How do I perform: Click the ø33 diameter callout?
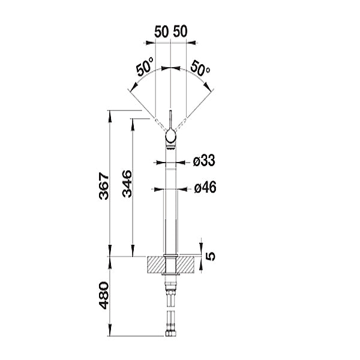point(205,161)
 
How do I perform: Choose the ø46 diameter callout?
point(205,188)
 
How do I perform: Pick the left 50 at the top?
point(160,32)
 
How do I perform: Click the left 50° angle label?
point(144,67)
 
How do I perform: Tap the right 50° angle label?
point(200,67)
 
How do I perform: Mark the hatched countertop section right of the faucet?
point(186,265)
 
